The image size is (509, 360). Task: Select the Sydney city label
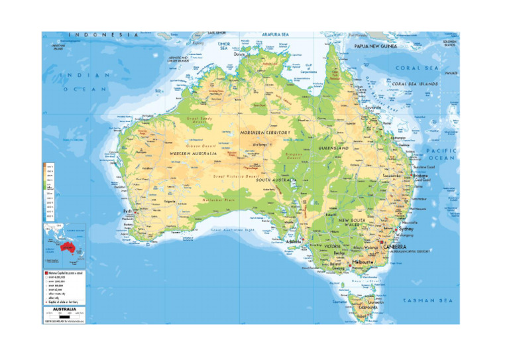(406, 229)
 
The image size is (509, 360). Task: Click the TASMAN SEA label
(427, 300)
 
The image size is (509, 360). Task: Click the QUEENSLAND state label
(333, 148)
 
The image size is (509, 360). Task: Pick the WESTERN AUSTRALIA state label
(194, 154)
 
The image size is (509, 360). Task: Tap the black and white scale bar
(64, 316)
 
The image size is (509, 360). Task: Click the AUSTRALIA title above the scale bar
(64, 308)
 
